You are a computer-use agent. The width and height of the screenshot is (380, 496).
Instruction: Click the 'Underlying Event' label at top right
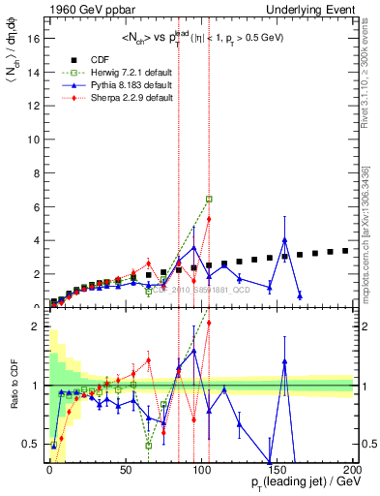pos(310,10)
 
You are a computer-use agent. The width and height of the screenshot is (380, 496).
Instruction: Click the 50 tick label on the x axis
pos(126,469)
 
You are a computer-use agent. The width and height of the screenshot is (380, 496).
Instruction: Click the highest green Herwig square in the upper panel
pos(209,199)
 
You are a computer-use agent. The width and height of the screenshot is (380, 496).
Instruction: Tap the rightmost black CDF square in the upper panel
pos(345,250)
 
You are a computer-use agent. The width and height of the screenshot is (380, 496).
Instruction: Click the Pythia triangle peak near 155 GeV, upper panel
pos(284,239)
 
